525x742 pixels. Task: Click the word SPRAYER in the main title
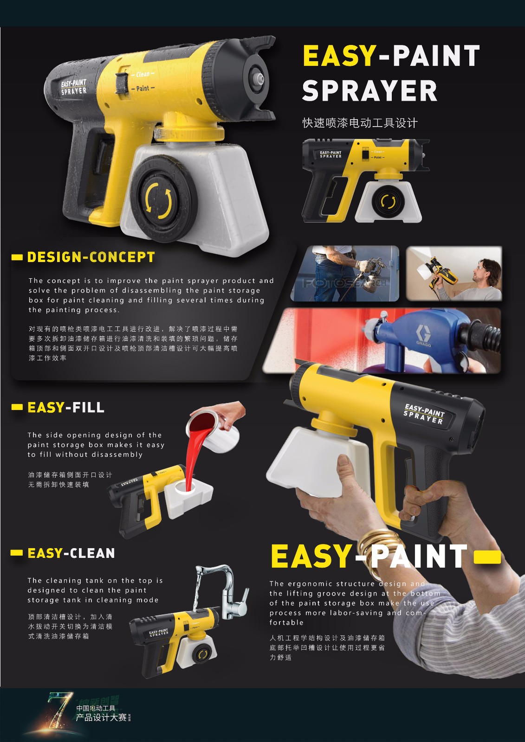pos(369,91)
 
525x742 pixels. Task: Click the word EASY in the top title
pos(339,56)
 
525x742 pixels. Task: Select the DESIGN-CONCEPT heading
pos(91,257)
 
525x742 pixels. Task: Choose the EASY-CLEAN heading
pos(71,553)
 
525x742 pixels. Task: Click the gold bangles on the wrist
pos(382,545)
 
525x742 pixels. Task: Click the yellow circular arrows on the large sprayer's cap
pos(159,200)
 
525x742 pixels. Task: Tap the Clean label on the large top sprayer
pos(143,74)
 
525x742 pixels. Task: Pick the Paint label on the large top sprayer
pos(143,88)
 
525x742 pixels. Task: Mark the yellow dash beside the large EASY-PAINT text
pos(487,556)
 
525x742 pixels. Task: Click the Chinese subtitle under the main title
pos(360,123)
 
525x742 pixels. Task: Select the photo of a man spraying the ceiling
pos(454,273)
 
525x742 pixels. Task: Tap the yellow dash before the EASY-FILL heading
pos(17,407)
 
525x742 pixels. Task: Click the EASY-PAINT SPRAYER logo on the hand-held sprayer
pos(424,414)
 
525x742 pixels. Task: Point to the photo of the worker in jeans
pos(344,273)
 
